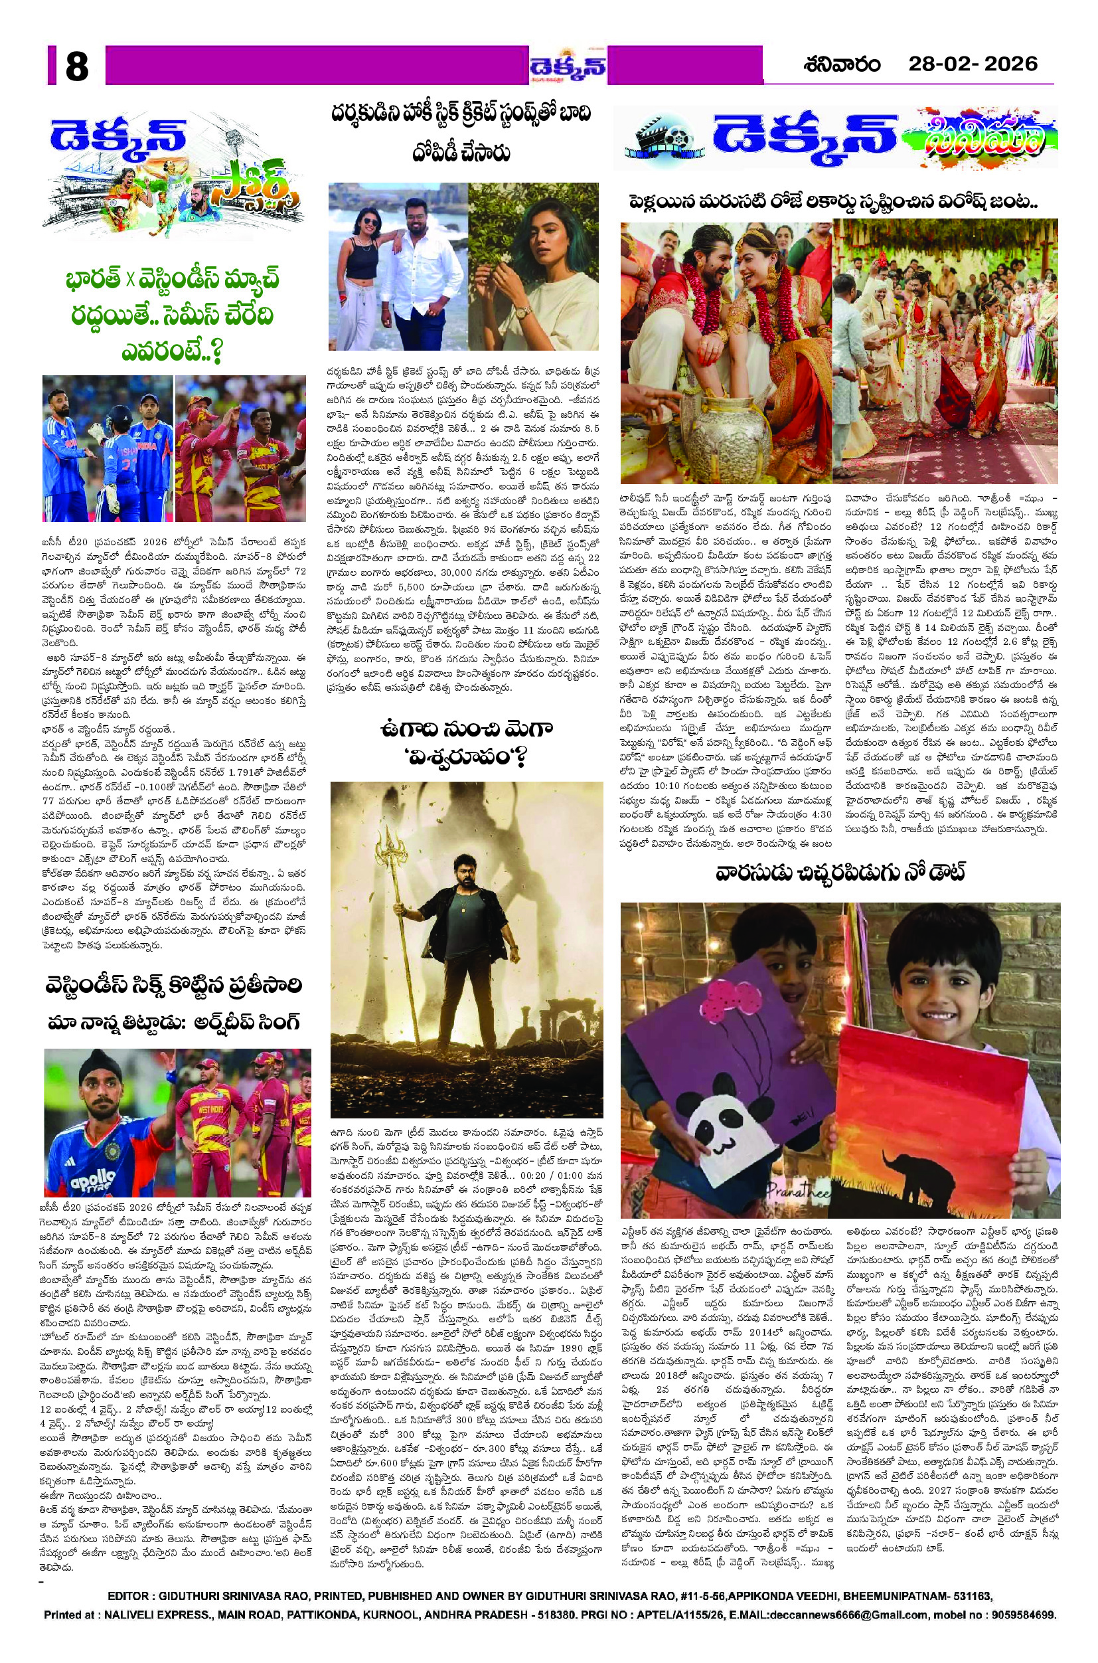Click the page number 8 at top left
point(77,68)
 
